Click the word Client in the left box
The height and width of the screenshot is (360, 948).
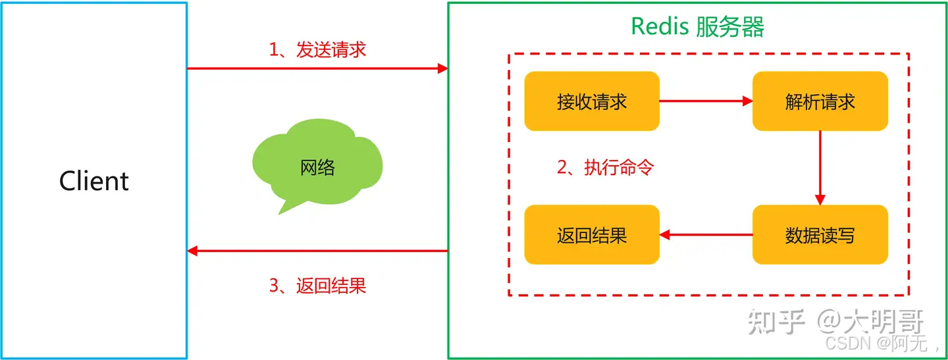(94, 181)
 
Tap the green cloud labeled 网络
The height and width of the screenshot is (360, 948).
(317, 166)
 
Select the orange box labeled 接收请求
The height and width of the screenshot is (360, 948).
(592, 101)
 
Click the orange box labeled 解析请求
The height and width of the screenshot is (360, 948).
(820, 101)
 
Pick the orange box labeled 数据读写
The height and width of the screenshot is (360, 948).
(820, 235)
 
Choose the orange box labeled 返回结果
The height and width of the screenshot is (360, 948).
(592, 235)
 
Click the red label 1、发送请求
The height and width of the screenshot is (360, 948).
(317, 50)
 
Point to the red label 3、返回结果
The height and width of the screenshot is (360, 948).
(317, 286)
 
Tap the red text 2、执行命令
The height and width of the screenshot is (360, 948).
(606, 168)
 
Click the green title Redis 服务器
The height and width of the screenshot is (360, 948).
(698, 27)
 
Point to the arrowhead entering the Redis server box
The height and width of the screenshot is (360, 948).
(442, 68)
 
